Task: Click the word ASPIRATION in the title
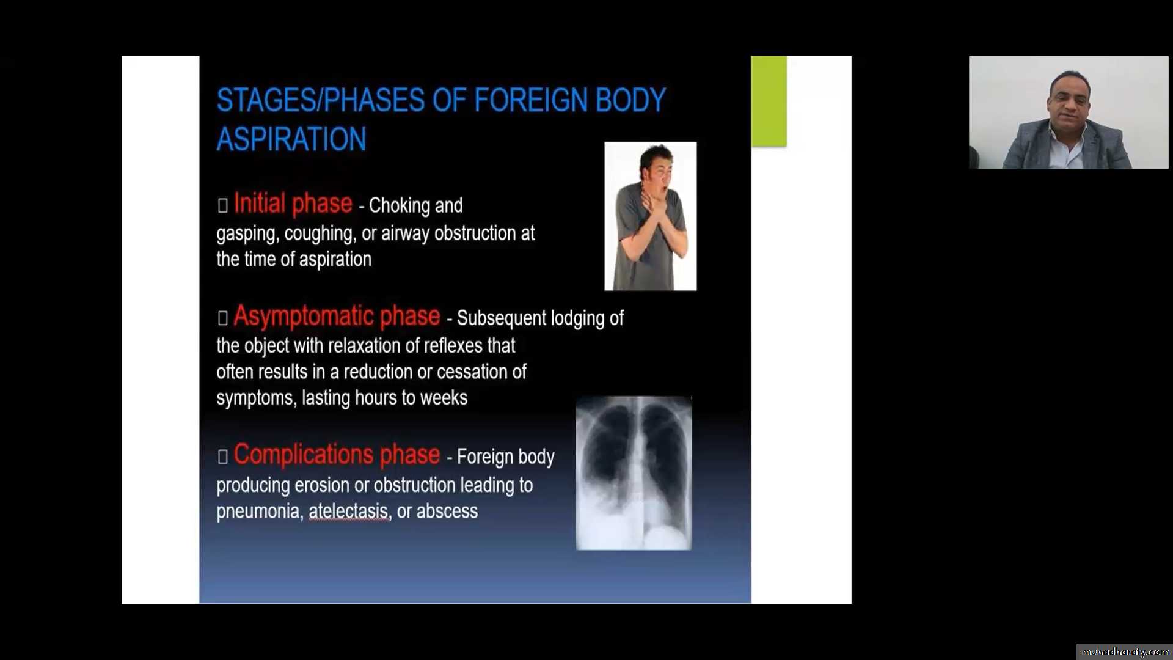click(x=291, y=139)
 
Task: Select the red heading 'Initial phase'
click(x=293, y=204)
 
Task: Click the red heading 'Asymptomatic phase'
click(x=337, y=316)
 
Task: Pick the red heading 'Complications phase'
click(x=337, y=455)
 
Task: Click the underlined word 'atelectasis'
click(x=348, y=511)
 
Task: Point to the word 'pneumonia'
click(x=260, y=512)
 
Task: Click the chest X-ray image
click(x=634, y=473)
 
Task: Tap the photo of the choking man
click(x=651, y=216)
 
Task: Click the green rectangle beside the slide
click(x=769, y=101)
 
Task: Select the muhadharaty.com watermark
click(x=1125, y=652)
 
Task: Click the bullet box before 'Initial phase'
click(x=222, y=205)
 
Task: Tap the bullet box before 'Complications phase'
click(x=222, y=457)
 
